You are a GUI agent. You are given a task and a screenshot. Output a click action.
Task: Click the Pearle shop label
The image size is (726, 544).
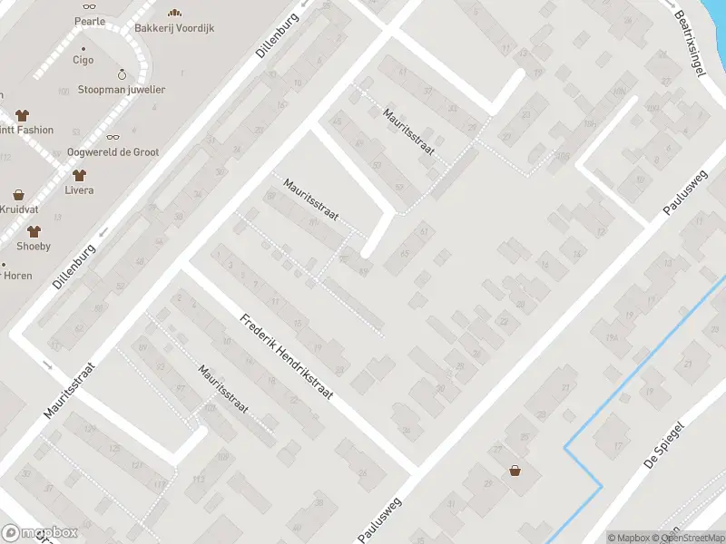(x=90, y=21)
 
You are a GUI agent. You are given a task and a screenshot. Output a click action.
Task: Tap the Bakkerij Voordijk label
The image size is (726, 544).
(x=174, y=28)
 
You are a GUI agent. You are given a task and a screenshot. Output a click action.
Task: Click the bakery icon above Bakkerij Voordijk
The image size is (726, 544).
(x=174, y=12)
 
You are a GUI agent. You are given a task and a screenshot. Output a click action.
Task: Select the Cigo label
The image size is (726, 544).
(x=83, y=60)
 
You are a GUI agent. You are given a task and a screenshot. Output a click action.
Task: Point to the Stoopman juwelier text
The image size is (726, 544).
(x=122, y=90)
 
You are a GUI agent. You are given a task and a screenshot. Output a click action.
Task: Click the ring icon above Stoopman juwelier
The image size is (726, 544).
(x=122, y=73)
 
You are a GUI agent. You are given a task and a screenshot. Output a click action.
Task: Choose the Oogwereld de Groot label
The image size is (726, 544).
(x=113, y=152)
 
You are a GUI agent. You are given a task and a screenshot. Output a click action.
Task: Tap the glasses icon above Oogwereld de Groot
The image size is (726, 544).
(x=113, y=137)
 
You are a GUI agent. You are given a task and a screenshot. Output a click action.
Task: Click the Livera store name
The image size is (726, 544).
(x=79, y=190)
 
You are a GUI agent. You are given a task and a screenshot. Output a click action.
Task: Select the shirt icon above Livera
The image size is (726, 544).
(x=79, y=174)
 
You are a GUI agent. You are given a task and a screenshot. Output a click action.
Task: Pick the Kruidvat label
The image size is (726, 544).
(x=17, y=209)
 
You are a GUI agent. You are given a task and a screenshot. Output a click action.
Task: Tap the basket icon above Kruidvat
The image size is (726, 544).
(x=17, y=194)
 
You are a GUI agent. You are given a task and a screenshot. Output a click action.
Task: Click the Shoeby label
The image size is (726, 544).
(x=34, y=247)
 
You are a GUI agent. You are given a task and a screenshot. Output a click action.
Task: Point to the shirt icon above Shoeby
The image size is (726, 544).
(x=34, y=231)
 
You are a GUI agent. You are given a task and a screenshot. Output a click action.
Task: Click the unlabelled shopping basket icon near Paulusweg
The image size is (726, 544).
(x=515, y=471)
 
